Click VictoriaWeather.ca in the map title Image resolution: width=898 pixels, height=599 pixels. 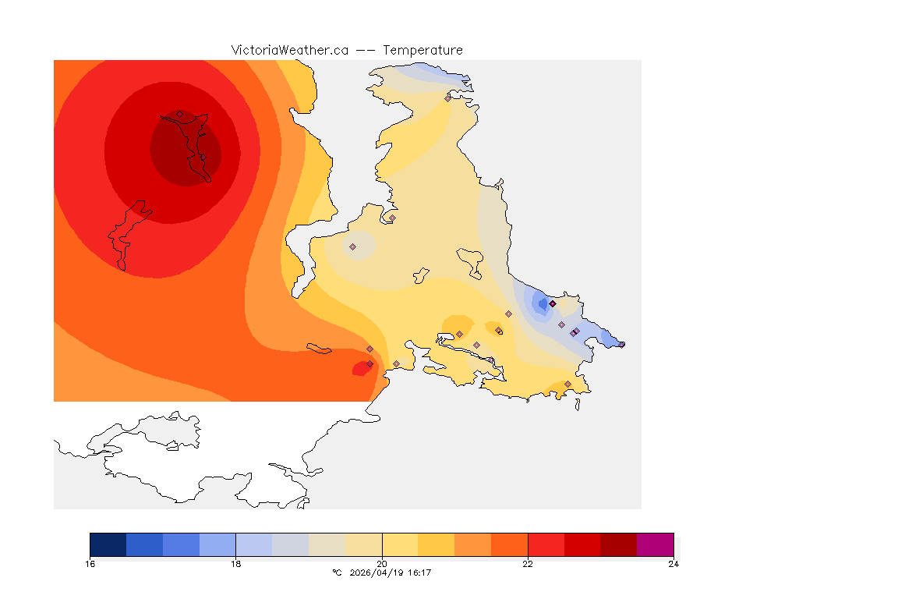coord(289,50)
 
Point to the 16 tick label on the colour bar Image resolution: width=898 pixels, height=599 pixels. coord(90,564)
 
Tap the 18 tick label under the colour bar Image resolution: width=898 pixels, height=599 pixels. coord(235,564)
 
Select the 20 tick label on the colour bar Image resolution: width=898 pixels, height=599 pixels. coord(382,564)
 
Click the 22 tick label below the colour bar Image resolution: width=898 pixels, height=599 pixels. coord(528,564)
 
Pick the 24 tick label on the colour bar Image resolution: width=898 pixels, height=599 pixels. coord(673,564)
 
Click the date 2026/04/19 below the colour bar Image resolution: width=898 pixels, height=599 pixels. coord(379,573)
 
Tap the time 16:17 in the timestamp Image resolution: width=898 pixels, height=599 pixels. coord(420,573)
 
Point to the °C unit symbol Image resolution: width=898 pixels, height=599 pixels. coord(337,573)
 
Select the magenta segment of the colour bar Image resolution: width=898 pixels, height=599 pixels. coord(655,544)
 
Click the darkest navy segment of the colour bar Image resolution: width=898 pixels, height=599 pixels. coord(108,544)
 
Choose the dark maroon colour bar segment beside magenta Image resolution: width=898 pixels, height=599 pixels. coord(618,544)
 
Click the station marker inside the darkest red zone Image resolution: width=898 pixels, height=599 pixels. coord(179,114)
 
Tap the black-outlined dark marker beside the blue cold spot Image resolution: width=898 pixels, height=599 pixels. coord(553,303)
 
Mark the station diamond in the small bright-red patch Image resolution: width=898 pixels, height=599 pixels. coord(369,363)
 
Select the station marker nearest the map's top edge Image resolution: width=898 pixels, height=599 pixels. coord(447,98)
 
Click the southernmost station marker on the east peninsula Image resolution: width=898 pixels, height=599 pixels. coord(567,384)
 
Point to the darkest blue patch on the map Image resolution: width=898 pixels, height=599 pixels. coord(543,303)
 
